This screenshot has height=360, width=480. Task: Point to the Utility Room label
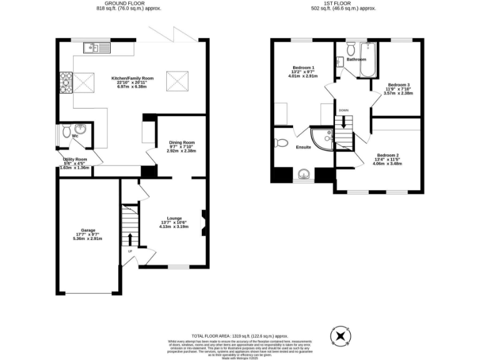pyautogui.click(x=74, y=160)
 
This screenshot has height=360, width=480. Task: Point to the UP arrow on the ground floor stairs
pyautogui.click(x=130, y=240)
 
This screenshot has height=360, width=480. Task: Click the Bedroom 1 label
pyautogui.click(x=303, y=67)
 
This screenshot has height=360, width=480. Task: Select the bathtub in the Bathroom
pyautogui.click(x=364, y=60)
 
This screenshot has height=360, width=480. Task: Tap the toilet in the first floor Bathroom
pyautogui.click(x=350, y=48)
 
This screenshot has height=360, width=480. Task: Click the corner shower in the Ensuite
pyautogui.click(x=324, y=139)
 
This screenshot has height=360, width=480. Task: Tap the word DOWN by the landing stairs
pyautogui.click(x=343, y=110)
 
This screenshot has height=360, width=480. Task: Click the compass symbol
pyautogui.click(x=341, y=336)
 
